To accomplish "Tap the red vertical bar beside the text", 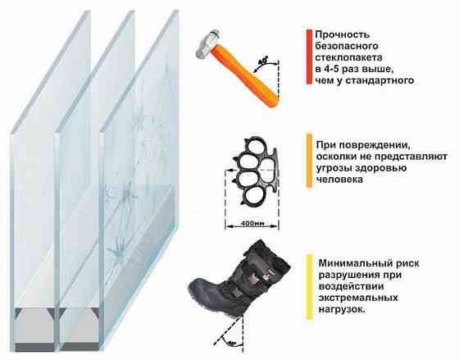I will pos(306,57).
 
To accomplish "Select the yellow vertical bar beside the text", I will pos(307,284).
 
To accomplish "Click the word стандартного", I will pos(379,80).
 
